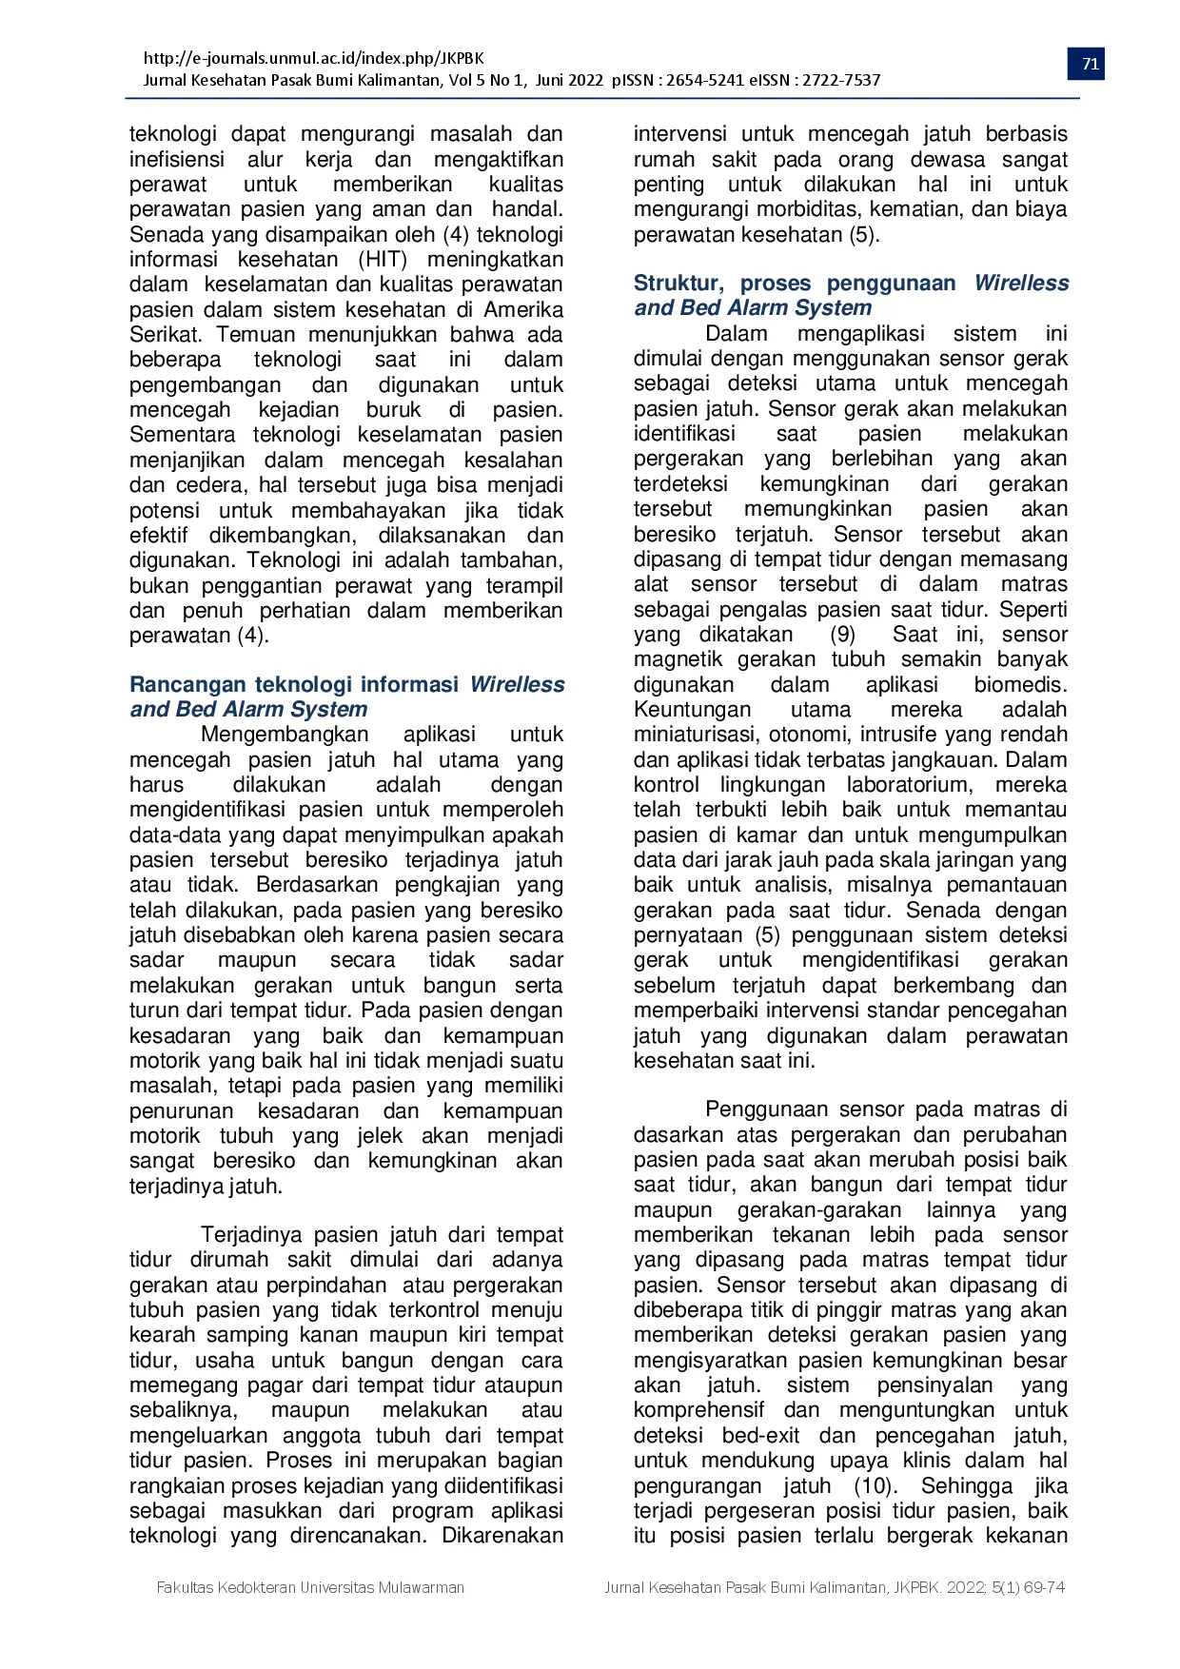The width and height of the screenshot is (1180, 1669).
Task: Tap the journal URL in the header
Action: pyautogui.click(x=313, y=58)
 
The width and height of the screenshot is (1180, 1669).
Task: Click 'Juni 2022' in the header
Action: pyautogui.click(x=569, y=80)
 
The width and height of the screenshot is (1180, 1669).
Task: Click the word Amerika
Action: pyautogui.click(x=522, y=310)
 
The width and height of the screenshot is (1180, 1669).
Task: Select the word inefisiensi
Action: pyautogui.click(x=177, y=160)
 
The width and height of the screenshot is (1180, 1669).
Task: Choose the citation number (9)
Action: pyautogui.click(x=842, y=635)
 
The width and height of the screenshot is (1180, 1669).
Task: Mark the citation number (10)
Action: pyautogui.click(x=873, y=1486)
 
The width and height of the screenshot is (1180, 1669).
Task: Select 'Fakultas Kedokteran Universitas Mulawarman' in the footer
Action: pyautogui.click(x=310, y=1587)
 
